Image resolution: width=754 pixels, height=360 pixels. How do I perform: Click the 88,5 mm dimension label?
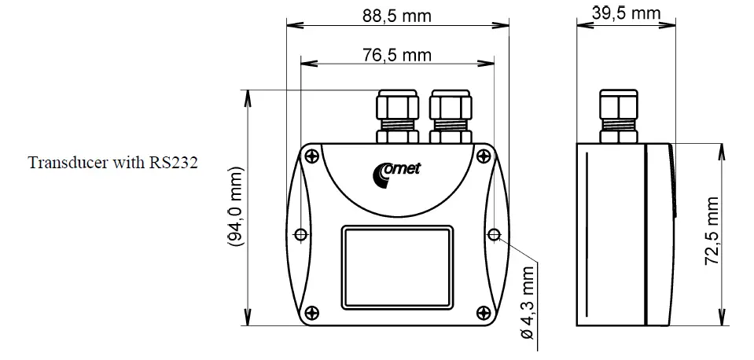click(397, 16)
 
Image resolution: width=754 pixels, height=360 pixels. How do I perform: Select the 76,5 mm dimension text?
click(397, 55)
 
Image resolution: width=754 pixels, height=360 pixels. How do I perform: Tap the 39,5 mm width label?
click(625, 13)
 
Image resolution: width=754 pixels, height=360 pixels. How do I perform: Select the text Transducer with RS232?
click(111, 163)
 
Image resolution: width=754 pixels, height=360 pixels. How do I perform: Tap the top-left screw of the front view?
click(313, 155)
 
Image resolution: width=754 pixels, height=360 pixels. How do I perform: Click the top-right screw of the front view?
click(481, 155)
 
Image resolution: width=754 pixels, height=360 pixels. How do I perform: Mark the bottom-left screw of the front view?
click(313, 312)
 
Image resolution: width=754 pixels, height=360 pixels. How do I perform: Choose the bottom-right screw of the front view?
click(481, 312)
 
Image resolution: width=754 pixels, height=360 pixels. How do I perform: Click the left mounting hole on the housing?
click(300, 234)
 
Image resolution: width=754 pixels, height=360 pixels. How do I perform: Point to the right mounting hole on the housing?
click(494, 234)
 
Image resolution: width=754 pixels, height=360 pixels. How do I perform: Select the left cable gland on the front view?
click(397, 116)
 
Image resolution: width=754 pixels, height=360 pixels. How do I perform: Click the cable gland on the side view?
click(617, 116)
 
